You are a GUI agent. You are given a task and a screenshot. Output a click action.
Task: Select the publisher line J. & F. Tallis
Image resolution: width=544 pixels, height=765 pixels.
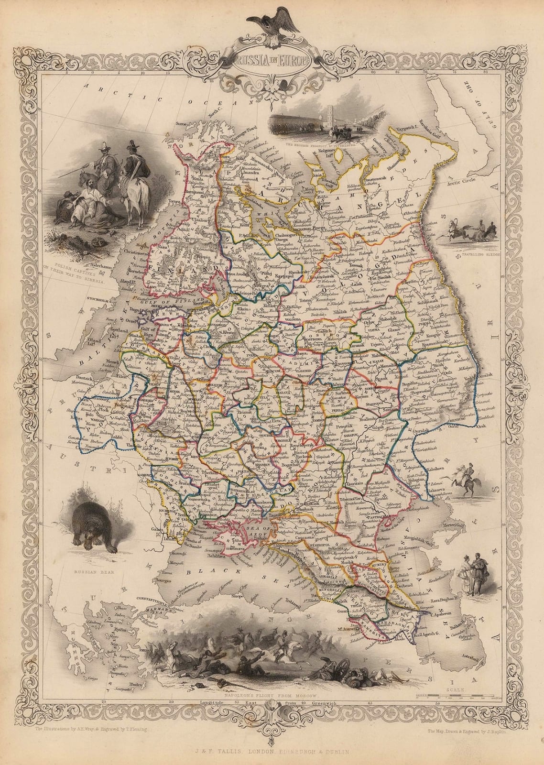point(272,752)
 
